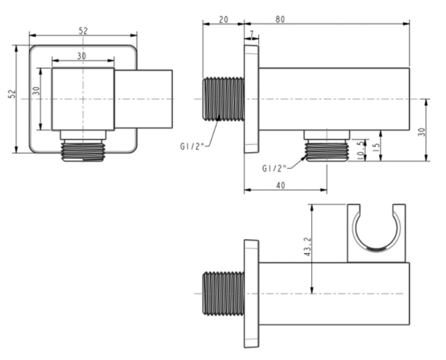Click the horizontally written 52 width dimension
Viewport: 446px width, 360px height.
point(83,30)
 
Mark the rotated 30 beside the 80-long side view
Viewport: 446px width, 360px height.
point(421,132)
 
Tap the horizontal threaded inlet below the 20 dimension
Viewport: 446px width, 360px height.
point(223,99)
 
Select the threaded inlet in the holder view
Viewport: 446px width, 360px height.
point(223,293)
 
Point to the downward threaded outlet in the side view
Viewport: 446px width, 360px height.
point(326,150)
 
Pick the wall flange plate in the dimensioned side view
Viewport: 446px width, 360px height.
point(251,99)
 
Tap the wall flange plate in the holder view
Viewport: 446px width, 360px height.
point(251,293)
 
